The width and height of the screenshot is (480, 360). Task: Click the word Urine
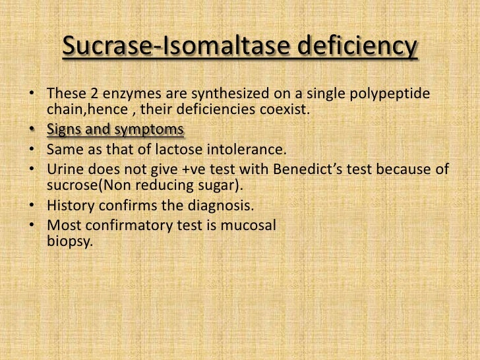[x=65, y=169]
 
